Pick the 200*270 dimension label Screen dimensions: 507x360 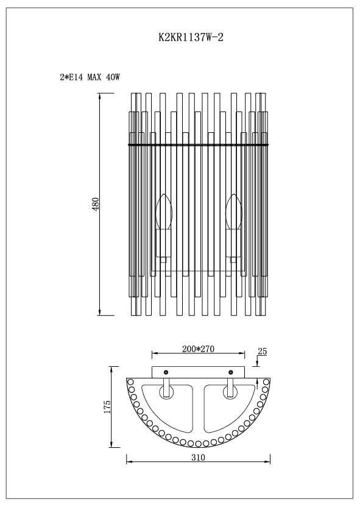(x=199, y=349)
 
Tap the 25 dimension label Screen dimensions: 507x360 (x=263, y=352)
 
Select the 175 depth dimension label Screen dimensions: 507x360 (x=107, y=406)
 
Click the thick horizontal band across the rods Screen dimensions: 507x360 (x=199, y=144)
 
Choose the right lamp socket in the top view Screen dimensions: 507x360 (x=231, y=388)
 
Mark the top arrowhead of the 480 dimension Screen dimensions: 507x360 (x=99, y=96)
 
